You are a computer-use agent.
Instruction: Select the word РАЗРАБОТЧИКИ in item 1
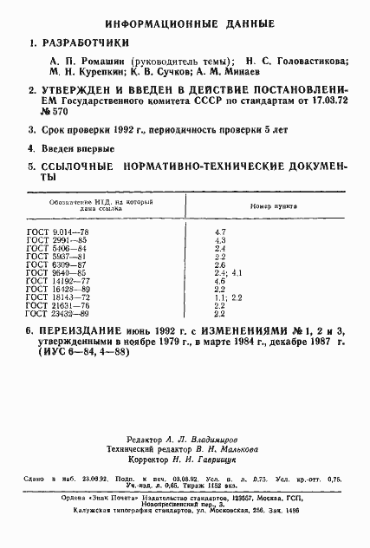[88, 42]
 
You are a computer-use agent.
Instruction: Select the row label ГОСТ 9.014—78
[58, 232]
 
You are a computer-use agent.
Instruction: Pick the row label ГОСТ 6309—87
[56, 264]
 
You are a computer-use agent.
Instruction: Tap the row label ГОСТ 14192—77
[59, 281]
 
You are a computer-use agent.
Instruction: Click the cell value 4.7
[220, 232]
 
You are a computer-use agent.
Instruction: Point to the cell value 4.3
[220, 240]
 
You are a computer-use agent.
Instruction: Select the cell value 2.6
[220, 264]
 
